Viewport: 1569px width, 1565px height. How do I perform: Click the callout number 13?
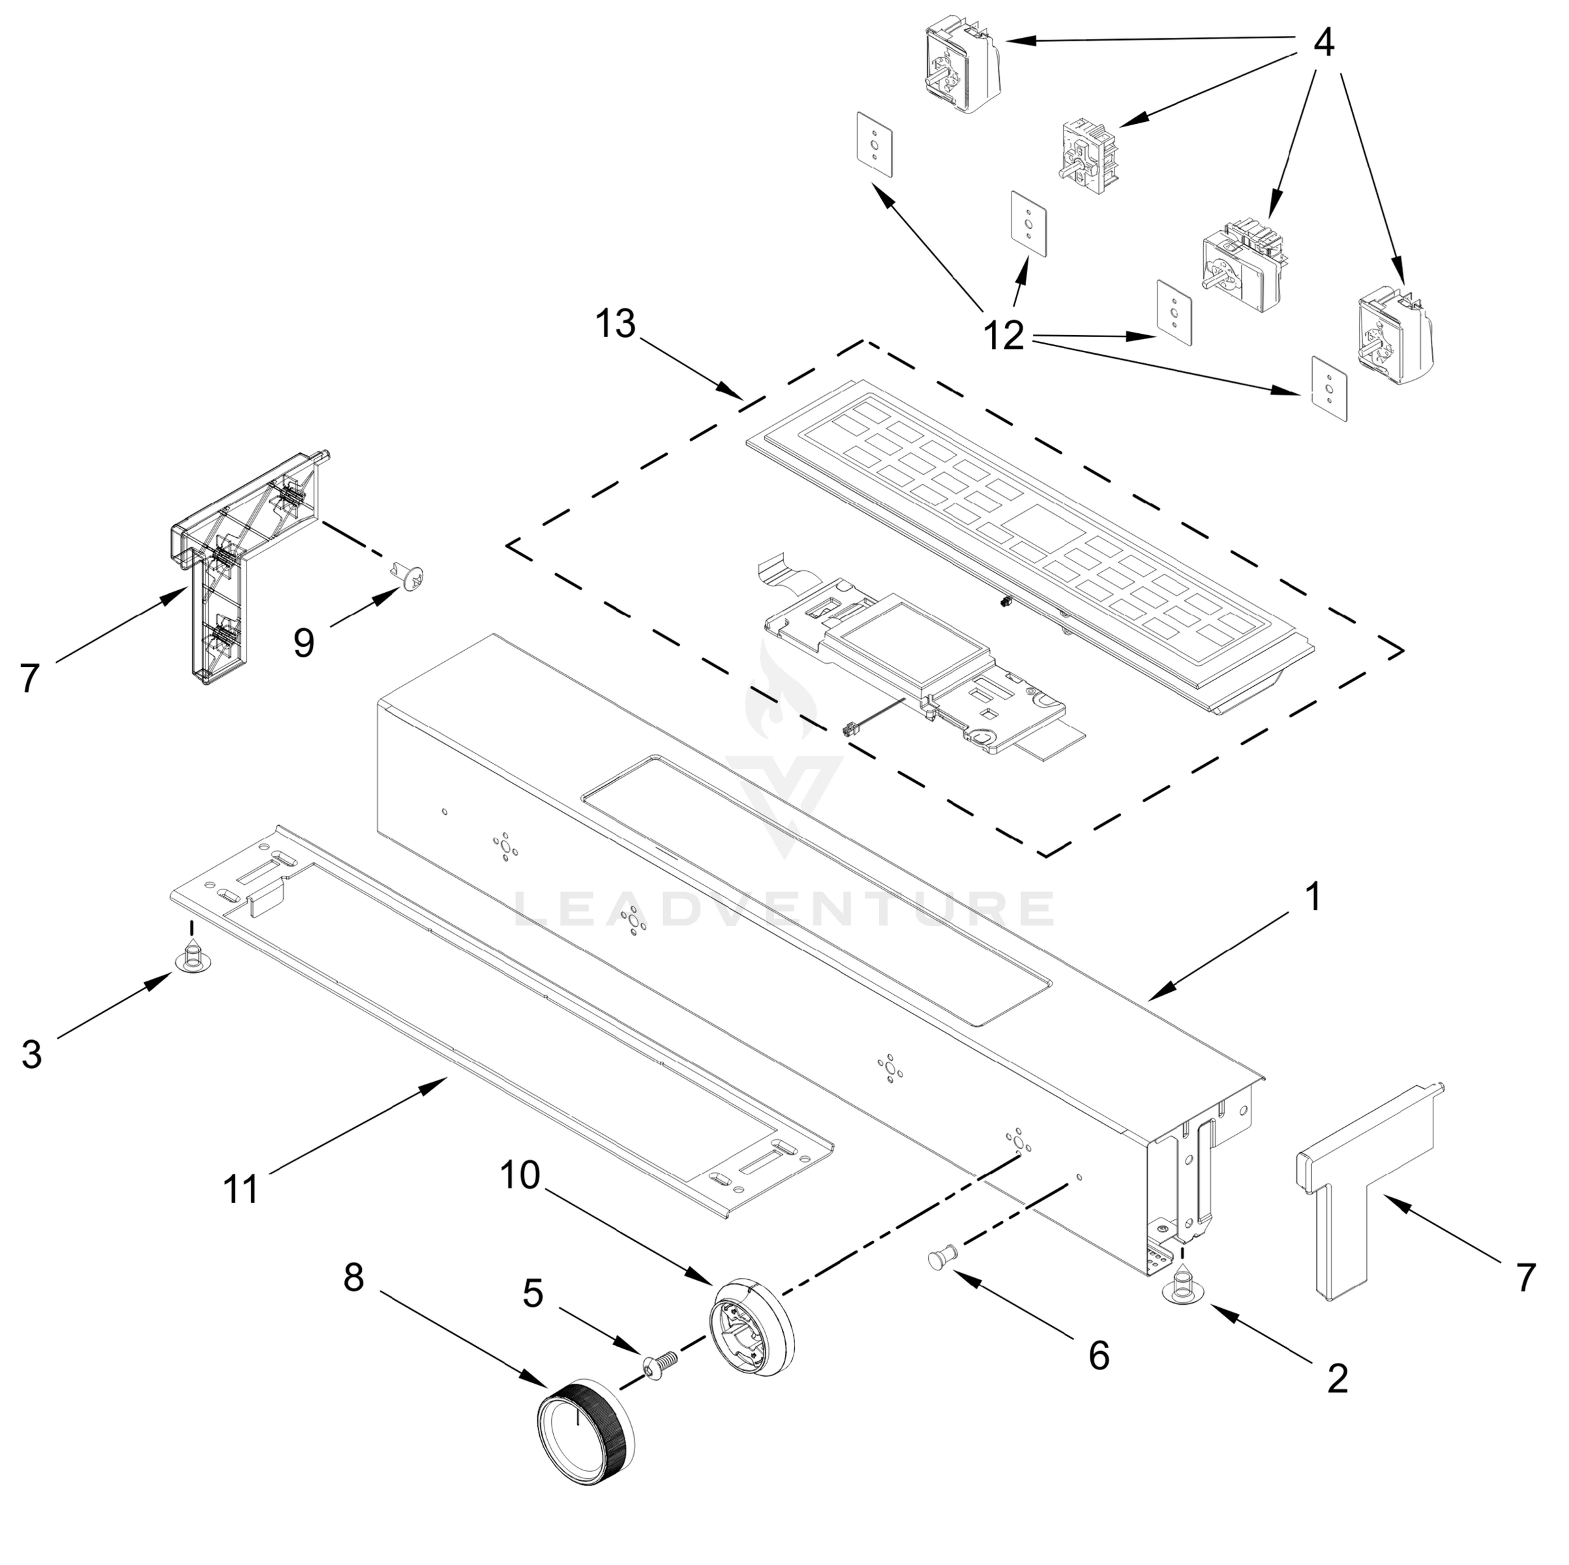(x=615, y=324)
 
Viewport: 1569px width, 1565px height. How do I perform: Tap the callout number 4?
(x=1323, y=42)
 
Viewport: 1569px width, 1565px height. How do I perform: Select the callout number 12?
(x=1004, y=335)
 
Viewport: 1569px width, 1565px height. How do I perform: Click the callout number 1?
(x=1312, y=898)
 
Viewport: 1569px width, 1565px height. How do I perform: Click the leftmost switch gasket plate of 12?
(x=874, y=143)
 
